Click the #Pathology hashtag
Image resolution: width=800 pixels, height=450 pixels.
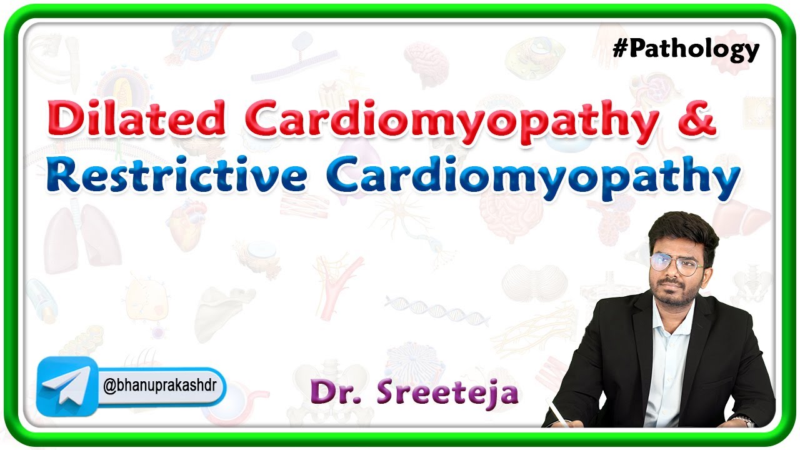click(686, 49)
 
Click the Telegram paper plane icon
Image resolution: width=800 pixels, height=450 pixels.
click(66, 386)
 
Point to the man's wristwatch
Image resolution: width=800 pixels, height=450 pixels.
click(744, 421)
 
